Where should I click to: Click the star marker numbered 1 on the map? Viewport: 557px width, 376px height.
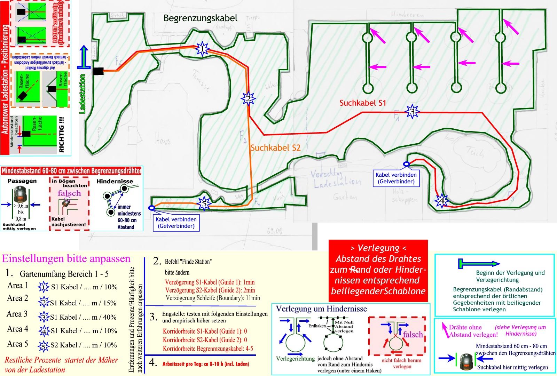tap(202, 49)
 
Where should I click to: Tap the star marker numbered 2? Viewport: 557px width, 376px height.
tap(248, 99)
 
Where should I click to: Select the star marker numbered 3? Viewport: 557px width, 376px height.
tap(412, 112)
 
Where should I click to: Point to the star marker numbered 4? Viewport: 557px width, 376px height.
tap(441, 201)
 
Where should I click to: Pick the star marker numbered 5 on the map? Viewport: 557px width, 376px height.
tap(204, 203)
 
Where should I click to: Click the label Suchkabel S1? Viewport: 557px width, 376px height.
tap(363, 103)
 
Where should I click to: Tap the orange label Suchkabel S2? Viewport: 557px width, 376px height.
tap(275, 148)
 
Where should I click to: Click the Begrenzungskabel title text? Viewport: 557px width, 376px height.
tap(201, 18)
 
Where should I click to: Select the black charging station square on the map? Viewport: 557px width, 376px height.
tap(98, 71)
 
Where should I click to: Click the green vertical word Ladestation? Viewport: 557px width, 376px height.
tap(83, 94)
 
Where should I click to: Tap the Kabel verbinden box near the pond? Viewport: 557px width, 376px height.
tap(396, 178)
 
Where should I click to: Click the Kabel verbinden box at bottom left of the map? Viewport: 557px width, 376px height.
tap(176, 223)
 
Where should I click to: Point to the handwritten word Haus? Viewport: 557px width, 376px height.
tap(163, 141)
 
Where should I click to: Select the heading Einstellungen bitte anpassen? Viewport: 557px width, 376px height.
tap(66, 259)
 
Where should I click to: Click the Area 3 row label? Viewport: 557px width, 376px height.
tap(17, 314)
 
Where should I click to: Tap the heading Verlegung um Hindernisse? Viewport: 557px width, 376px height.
tap(321, 309)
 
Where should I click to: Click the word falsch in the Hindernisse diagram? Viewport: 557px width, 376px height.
tap(413, 335)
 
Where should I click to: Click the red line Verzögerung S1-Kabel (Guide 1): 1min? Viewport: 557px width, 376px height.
tap(210, 282)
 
